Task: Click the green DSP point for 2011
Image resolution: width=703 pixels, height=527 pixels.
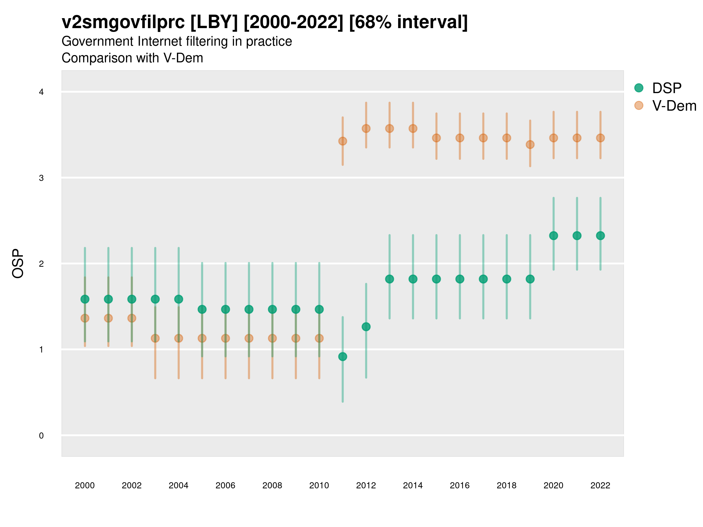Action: click(343, 356)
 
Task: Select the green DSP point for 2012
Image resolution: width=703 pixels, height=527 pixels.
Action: click(366, 326)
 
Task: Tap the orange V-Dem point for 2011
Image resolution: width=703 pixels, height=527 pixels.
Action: click(343, 141)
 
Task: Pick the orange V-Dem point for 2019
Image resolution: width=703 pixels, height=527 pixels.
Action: click(530, 145)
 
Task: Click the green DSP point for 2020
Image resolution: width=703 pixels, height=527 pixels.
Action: click(554, 236)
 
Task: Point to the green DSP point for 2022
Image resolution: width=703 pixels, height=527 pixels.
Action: click(600, 236)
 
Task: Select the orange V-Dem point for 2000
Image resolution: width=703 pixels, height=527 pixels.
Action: click(85, 318)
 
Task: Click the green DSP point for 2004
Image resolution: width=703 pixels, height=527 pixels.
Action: click(179, 299)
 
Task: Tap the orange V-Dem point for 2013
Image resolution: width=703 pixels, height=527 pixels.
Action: click(390, 128)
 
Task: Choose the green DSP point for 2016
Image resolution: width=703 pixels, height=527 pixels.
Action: click(460, 279)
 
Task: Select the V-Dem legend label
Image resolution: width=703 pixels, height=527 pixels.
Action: click(674, 106)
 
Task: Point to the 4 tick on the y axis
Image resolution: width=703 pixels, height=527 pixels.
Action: click(41, 92)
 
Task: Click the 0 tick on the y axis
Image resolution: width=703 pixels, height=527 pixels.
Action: click(41, 436)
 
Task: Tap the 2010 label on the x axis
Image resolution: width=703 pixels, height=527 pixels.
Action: click(319, 485)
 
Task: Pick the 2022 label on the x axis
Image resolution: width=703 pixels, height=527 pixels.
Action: click(600, 485)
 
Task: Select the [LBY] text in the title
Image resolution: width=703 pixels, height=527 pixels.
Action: click(214, 22)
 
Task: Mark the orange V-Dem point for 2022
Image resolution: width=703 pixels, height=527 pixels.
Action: click(600, 138)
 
